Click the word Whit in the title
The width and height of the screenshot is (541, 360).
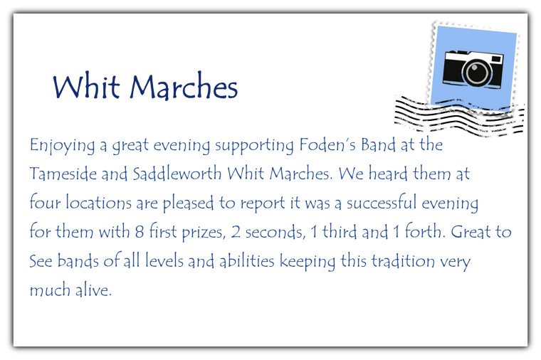point(85,87)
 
